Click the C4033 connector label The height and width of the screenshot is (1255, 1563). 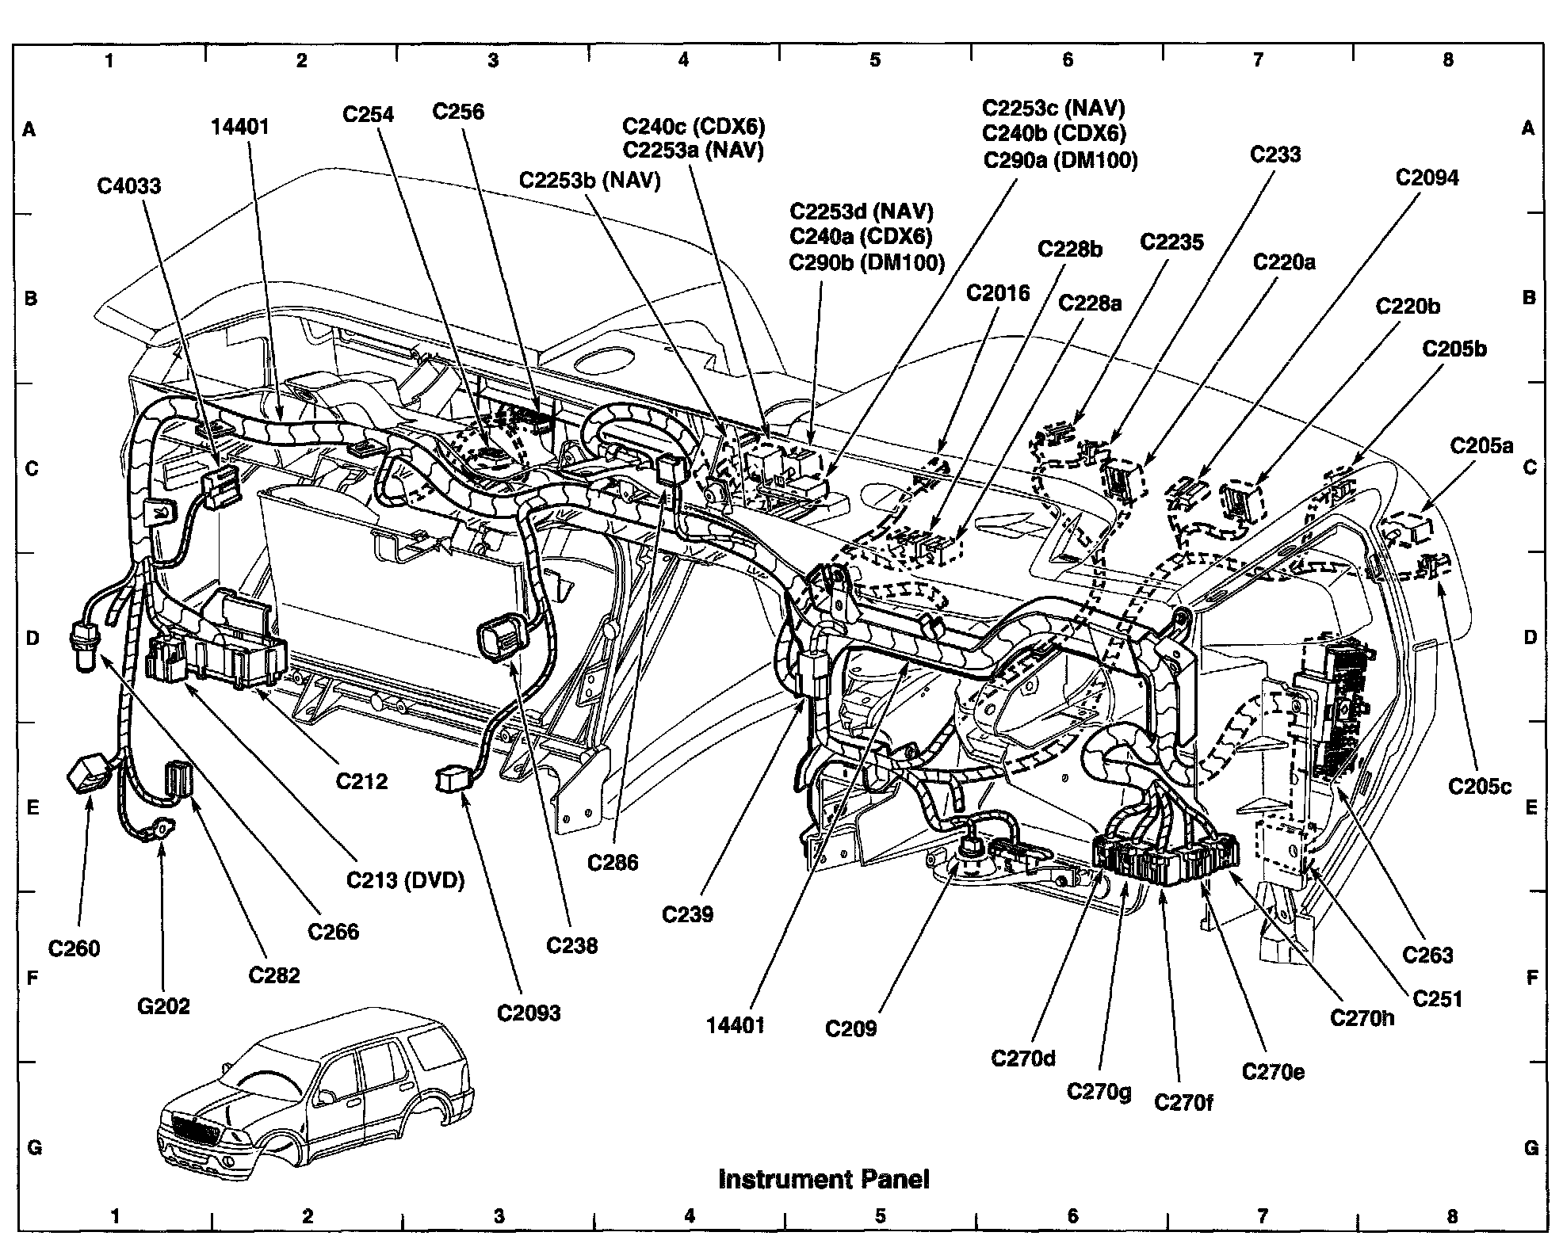128,186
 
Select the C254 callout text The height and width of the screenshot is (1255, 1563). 368,115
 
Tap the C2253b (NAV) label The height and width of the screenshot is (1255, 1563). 590,181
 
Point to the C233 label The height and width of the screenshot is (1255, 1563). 1275,154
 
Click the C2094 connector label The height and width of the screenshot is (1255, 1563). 1427,177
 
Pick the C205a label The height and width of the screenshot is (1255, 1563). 1481,446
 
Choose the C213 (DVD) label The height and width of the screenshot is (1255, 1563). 405,880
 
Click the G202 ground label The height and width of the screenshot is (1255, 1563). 163,1006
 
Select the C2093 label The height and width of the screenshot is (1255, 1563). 529,1013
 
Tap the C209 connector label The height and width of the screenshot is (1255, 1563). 850,1028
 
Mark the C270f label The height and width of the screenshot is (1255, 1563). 1183,1102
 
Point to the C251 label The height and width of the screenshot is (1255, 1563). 1438,999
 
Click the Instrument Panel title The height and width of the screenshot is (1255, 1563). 824,1179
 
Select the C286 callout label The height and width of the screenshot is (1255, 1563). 613,862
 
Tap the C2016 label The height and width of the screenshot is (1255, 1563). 998,293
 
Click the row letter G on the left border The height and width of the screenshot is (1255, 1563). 34,1147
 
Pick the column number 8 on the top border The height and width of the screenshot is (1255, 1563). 1448,59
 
